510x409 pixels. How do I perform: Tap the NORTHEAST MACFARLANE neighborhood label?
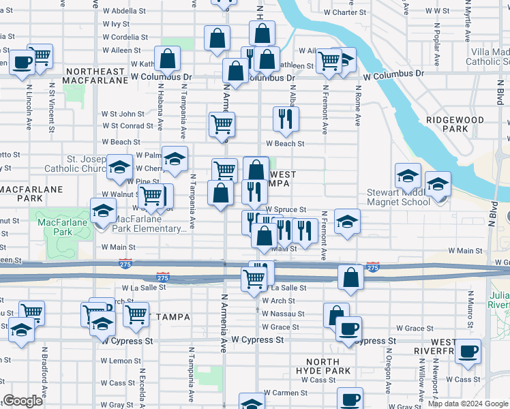coord(95,76)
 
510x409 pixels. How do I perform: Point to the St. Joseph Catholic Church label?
coord(73,164)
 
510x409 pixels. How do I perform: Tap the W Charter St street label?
coord(345,12)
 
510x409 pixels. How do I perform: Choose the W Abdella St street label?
coord(124,12)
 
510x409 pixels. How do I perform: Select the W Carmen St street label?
coord(286,393)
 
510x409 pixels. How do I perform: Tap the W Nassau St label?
coord(284,314)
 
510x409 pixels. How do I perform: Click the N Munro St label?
coord(470,307)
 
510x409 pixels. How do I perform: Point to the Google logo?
coord(23,401)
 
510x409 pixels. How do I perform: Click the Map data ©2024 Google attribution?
coord(467,404)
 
